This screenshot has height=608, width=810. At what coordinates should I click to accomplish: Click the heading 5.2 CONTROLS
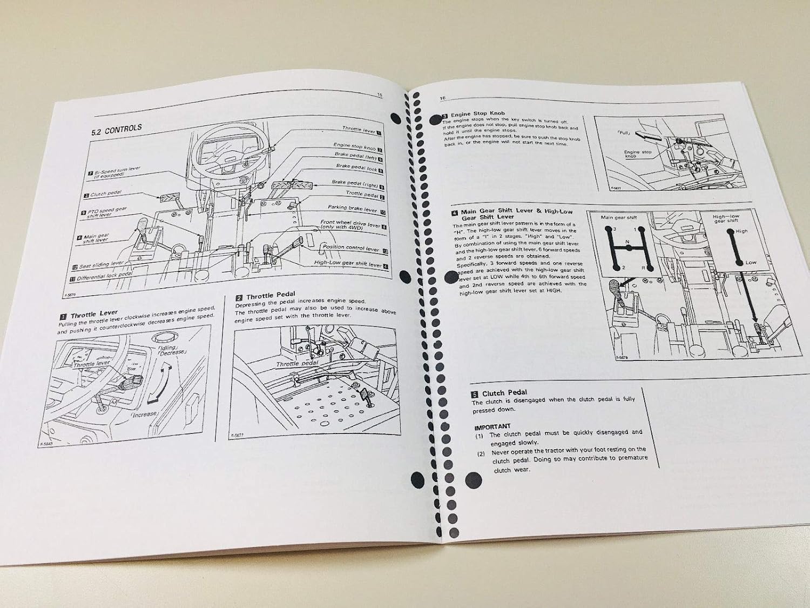click(x=116, y=129)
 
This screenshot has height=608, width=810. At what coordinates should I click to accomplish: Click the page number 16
click(x=442, y=98)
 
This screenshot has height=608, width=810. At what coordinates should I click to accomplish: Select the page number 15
click(x=379, y=95)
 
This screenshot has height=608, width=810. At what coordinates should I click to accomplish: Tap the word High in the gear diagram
click(x=741, y=231)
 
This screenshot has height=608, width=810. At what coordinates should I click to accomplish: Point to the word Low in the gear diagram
click(x=751, y=262)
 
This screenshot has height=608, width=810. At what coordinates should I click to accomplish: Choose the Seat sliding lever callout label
click(x=102, y=265)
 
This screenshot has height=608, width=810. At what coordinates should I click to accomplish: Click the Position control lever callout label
click(x=351, y=248)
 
